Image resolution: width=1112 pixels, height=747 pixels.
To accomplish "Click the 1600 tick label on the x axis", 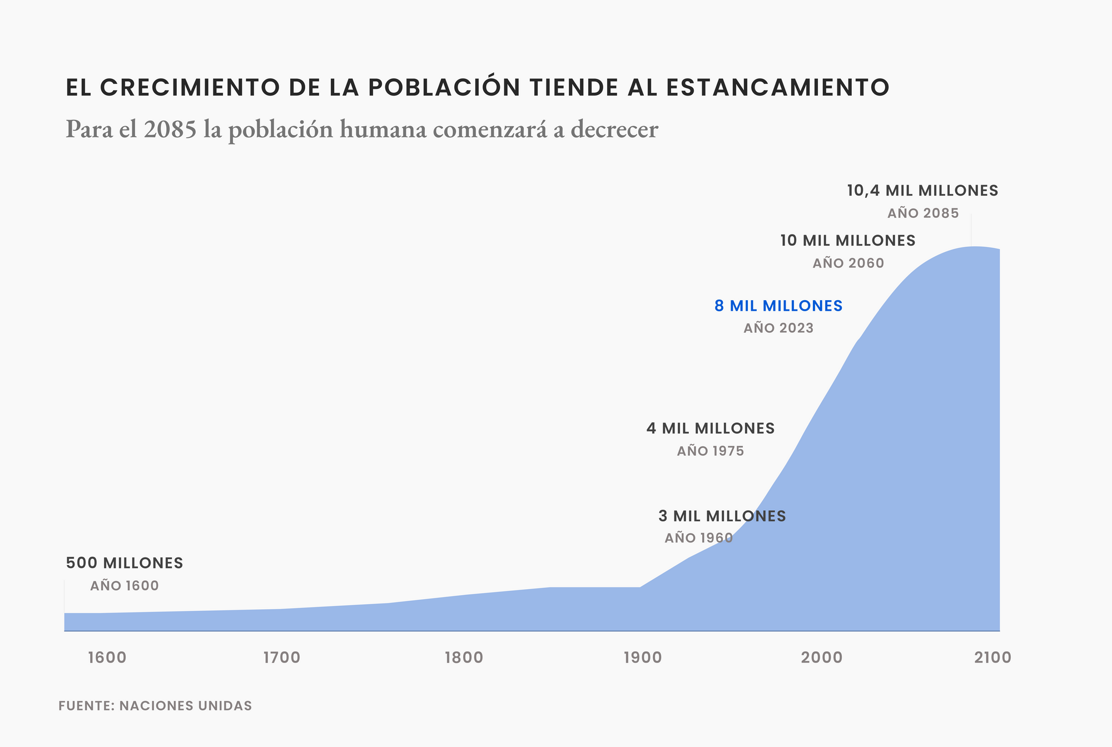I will pyautogui.click(x=107, y=658).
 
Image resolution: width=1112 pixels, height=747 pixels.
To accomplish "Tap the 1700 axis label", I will pyautogui.click(x=282, y=658).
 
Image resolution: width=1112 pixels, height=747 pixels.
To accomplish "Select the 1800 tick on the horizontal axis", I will pyautogui.click(x=464, y=658).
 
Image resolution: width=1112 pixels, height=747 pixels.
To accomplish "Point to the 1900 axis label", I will pyautogui.click(x=643, y=658).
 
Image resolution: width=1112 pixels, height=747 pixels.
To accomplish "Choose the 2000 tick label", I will pyautogui.click(x=822, y=658).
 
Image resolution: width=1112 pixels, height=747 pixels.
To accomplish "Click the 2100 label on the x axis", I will pyautogui.click(x=993, y=658).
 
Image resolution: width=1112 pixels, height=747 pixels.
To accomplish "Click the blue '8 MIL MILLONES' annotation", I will pyautogui.click(x=778, y=306).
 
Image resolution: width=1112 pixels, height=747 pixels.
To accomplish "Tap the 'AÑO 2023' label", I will pyautogui.click(x=778, y=328).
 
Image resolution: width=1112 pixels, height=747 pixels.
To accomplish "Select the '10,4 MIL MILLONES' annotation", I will pyautogui.click(x=922, y=191).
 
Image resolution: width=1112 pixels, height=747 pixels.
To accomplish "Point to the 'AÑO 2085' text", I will pyautogui.click(x=923, y=213).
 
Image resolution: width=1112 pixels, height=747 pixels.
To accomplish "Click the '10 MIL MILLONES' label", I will pyautogui.click(x=848, y=241).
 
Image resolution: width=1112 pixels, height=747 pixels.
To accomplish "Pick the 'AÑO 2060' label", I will pyautogui.click(x=848, y=263).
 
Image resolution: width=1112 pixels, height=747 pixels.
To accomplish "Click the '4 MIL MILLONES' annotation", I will pyautogui.click(x=711, y=429).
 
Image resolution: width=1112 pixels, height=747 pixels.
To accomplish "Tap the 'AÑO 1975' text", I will pyautogui.click(x=710, y=451).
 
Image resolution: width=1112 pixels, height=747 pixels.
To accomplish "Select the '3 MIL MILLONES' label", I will pyautogui.click(x=722, y=516).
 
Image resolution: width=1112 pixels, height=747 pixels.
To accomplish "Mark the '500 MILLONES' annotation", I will pyautogui.click(x=125, y=563).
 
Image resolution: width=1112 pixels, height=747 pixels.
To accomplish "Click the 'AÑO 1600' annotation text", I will pyautogui.click(x=125, y=586).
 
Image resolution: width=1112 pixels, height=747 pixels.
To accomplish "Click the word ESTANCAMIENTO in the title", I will pyautogui.click(x=777, y=88).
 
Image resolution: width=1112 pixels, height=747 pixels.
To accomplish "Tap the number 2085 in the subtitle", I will pyautogui.click(x=170, y=130).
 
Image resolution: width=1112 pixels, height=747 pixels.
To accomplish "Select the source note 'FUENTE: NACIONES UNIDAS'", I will pyautogui.click(x=155, y=706).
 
